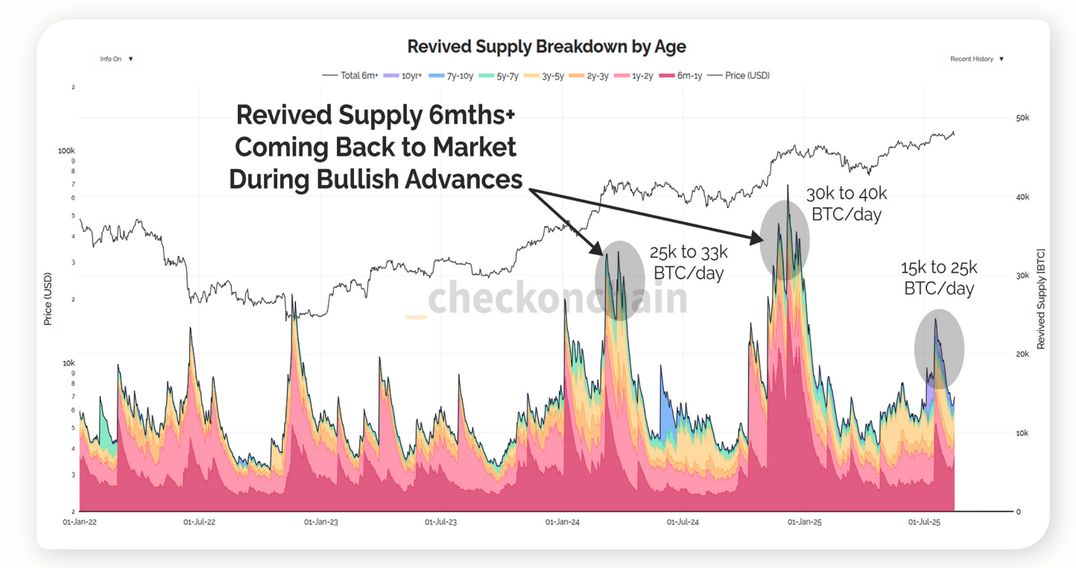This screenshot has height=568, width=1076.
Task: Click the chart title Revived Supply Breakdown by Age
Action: tap(546, 46)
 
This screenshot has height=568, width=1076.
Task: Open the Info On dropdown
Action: tap(116, 59)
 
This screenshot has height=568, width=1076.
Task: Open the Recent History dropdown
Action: tap(976, 59)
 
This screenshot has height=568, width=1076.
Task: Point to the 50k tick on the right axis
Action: tap(1022, 118)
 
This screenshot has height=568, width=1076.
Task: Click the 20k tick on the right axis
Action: tap(1022, 354)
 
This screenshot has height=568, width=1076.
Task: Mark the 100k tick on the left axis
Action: tap(66, 151)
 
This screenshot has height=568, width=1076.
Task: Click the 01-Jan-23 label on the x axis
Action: tap(320, 522)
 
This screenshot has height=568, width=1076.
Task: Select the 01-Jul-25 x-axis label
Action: tap(924, 522)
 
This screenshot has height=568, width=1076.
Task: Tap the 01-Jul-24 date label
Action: tap(683, 522)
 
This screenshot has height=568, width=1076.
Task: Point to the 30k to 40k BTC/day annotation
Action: tap(846, 203)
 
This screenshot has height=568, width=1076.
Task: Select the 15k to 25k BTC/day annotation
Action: tap(938, 277)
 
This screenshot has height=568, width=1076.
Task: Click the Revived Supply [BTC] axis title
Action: tap(1041, 298)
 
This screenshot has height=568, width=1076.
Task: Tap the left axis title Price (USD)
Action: tap(48, 298)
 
